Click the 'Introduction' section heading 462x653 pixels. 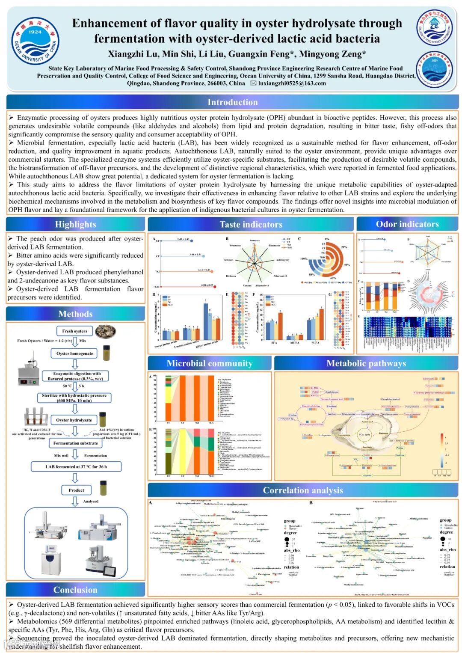click(232, 102)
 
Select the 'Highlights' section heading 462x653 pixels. click(75, 224)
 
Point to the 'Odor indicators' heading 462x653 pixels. click(407, 224)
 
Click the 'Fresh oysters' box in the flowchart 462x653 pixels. click(74, 331)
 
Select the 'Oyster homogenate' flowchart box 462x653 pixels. click(74, 353)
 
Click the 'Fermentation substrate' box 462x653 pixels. click(76, 443)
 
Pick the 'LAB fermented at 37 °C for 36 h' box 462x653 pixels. click(76, 467)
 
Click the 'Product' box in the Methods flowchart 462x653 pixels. click(76, 490)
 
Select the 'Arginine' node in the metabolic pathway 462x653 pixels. click(367, 475)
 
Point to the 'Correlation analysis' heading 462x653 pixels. click(302, 490)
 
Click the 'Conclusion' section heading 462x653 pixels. click(75, 590)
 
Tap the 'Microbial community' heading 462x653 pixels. click(209, 363)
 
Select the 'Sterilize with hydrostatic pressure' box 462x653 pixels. click(74, 398)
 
